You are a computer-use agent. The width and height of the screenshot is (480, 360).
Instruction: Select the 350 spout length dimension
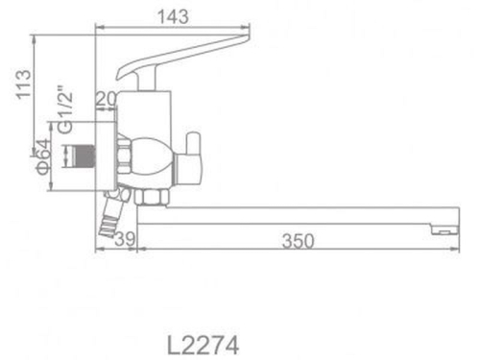pyautogui.click(x=299, y=241)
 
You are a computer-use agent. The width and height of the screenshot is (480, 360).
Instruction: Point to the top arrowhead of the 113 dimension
pyautogui.click(x=34, y=39)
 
